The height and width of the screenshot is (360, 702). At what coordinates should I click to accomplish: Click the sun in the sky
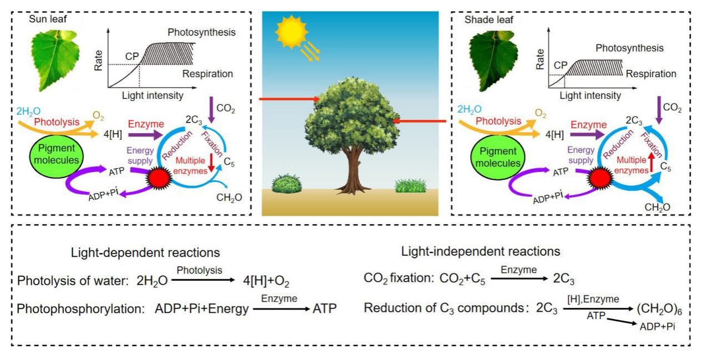click(x=291, y=33)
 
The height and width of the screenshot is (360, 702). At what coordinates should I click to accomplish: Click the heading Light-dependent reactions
click(x=145, y=252)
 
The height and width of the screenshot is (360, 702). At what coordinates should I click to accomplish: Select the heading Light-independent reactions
click(x=481, y=251)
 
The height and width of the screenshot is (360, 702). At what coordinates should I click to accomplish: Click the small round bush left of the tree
click(x=286, y=182)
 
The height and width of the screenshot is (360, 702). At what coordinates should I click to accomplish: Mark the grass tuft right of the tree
click(x=413, y=185)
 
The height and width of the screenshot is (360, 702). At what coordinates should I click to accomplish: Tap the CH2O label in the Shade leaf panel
click(x=658, y=207)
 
